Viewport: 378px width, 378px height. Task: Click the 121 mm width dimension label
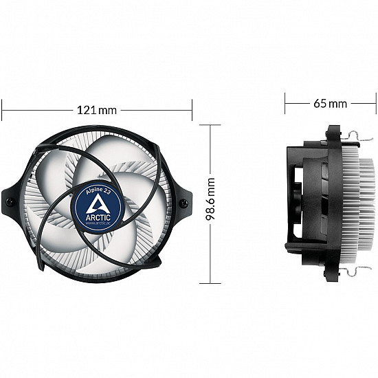click(x=97, y=109)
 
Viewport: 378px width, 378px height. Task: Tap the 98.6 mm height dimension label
click(x=210, y=204)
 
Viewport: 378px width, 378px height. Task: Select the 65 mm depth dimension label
click(x=331, y=104)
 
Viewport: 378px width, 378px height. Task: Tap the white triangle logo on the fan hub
click(x=98, y=202)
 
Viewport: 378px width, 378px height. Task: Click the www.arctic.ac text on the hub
click(x=97, y=221)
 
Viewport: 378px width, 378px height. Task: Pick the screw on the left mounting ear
click(x=10, y=201)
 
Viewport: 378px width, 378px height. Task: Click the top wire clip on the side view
click(x=357, y=140)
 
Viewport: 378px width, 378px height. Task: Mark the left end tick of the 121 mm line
click(x=2, y=109)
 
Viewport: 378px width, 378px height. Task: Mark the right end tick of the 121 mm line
click(x=192, y=109)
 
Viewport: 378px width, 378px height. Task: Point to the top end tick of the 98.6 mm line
click(x=210, y=125)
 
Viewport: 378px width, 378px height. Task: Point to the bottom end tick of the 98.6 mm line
click(x=210, y=282)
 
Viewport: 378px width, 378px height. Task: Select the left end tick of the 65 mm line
click(x=285, y=104)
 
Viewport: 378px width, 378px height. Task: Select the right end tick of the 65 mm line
click(x=376, y=104)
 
